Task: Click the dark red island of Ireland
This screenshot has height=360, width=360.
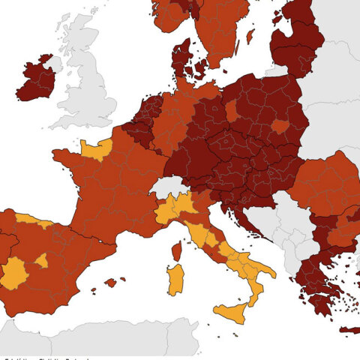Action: pyautogui.click(x=34, y=81)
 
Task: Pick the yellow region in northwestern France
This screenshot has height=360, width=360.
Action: pyautogui.click(x=96, y=149)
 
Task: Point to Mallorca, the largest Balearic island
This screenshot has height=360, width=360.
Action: pyautogui.click(x=110, y=283)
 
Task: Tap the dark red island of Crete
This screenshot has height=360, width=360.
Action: pyautogui.click(x=349, y=330)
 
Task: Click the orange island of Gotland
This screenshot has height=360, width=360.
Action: pyautogui.click(x=250, y=36)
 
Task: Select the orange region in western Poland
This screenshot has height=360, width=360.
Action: pyautogui.click(x=232, y=111)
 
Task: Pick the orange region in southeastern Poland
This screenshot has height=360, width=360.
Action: pyautogui.click(x=280, y=126)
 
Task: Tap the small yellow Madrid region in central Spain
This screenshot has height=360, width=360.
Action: pyautogui.click(x=42, y=260)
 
